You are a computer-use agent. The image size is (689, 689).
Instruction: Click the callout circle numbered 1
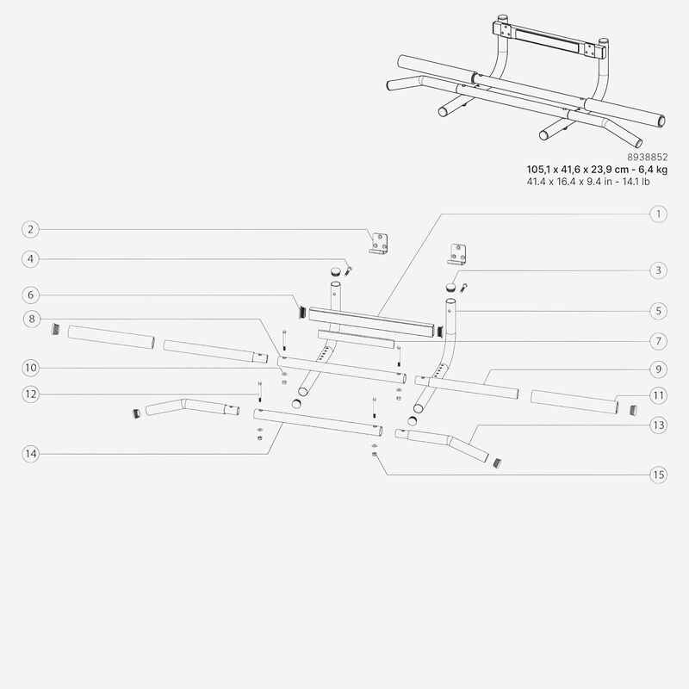(658, 214)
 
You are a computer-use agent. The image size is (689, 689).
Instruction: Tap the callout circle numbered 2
(30, 229)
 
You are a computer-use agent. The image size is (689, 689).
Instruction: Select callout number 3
(658, 270)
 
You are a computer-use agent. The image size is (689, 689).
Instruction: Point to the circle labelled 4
(30, 259)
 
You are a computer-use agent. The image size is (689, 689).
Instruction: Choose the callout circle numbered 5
(658, 311)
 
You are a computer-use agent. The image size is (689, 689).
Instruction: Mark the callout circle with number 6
(30, 295)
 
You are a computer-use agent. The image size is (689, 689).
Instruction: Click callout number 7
(658, 341)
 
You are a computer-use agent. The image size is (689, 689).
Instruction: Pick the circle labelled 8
(32, 319)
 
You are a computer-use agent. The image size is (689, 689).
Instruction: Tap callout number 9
(658, 369)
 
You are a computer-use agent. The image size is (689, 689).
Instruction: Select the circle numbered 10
(30, 368)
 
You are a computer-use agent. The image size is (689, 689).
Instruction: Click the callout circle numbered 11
(658, 395)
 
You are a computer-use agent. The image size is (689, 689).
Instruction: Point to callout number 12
(30, 394)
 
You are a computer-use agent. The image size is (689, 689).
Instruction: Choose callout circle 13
(658, 425)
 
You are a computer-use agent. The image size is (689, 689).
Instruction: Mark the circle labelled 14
(30, 454)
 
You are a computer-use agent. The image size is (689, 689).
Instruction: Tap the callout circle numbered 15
(658, 475)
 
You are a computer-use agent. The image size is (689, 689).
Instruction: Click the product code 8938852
(647, 157)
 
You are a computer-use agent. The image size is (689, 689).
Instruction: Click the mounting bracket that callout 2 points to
(378, 245)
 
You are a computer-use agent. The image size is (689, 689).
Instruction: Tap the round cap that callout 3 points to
(450, 287)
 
